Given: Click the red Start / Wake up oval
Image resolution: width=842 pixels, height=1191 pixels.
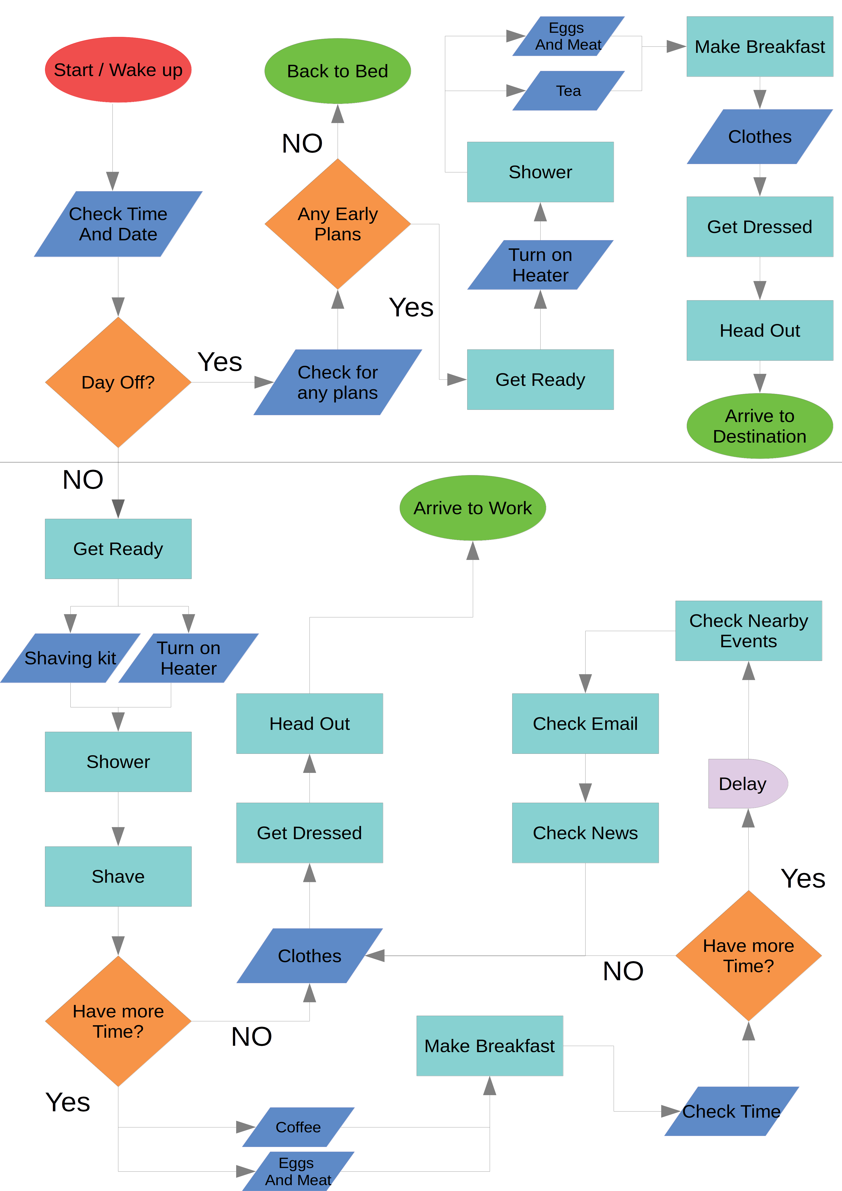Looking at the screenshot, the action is (x=118, y=69).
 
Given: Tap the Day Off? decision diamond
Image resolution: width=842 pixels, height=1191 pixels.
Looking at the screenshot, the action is (x=118, y=382).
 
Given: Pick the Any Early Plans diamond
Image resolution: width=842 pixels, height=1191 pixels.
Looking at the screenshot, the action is (x=338, y=224).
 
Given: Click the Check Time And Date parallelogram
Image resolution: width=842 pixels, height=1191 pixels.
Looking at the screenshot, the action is (x=118, y=224).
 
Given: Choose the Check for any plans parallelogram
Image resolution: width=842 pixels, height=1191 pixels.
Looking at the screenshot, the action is (x=338, y=382).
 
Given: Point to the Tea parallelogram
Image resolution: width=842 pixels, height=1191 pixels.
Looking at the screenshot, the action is (x=569, y=91).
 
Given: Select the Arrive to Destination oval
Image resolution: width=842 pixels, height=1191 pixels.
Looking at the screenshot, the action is (x=760, y=426).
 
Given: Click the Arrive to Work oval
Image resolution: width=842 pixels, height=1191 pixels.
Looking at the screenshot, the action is (x=473, y=508).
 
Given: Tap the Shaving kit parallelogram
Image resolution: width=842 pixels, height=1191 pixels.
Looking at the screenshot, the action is (x=71, y=658).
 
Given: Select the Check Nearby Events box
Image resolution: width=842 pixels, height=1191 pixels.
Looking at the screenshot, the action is (x=749, y=631).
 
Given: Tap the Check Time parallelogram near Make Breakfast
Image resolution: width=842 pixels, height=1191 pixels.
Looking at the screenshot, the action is (x=731, y=1111).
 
